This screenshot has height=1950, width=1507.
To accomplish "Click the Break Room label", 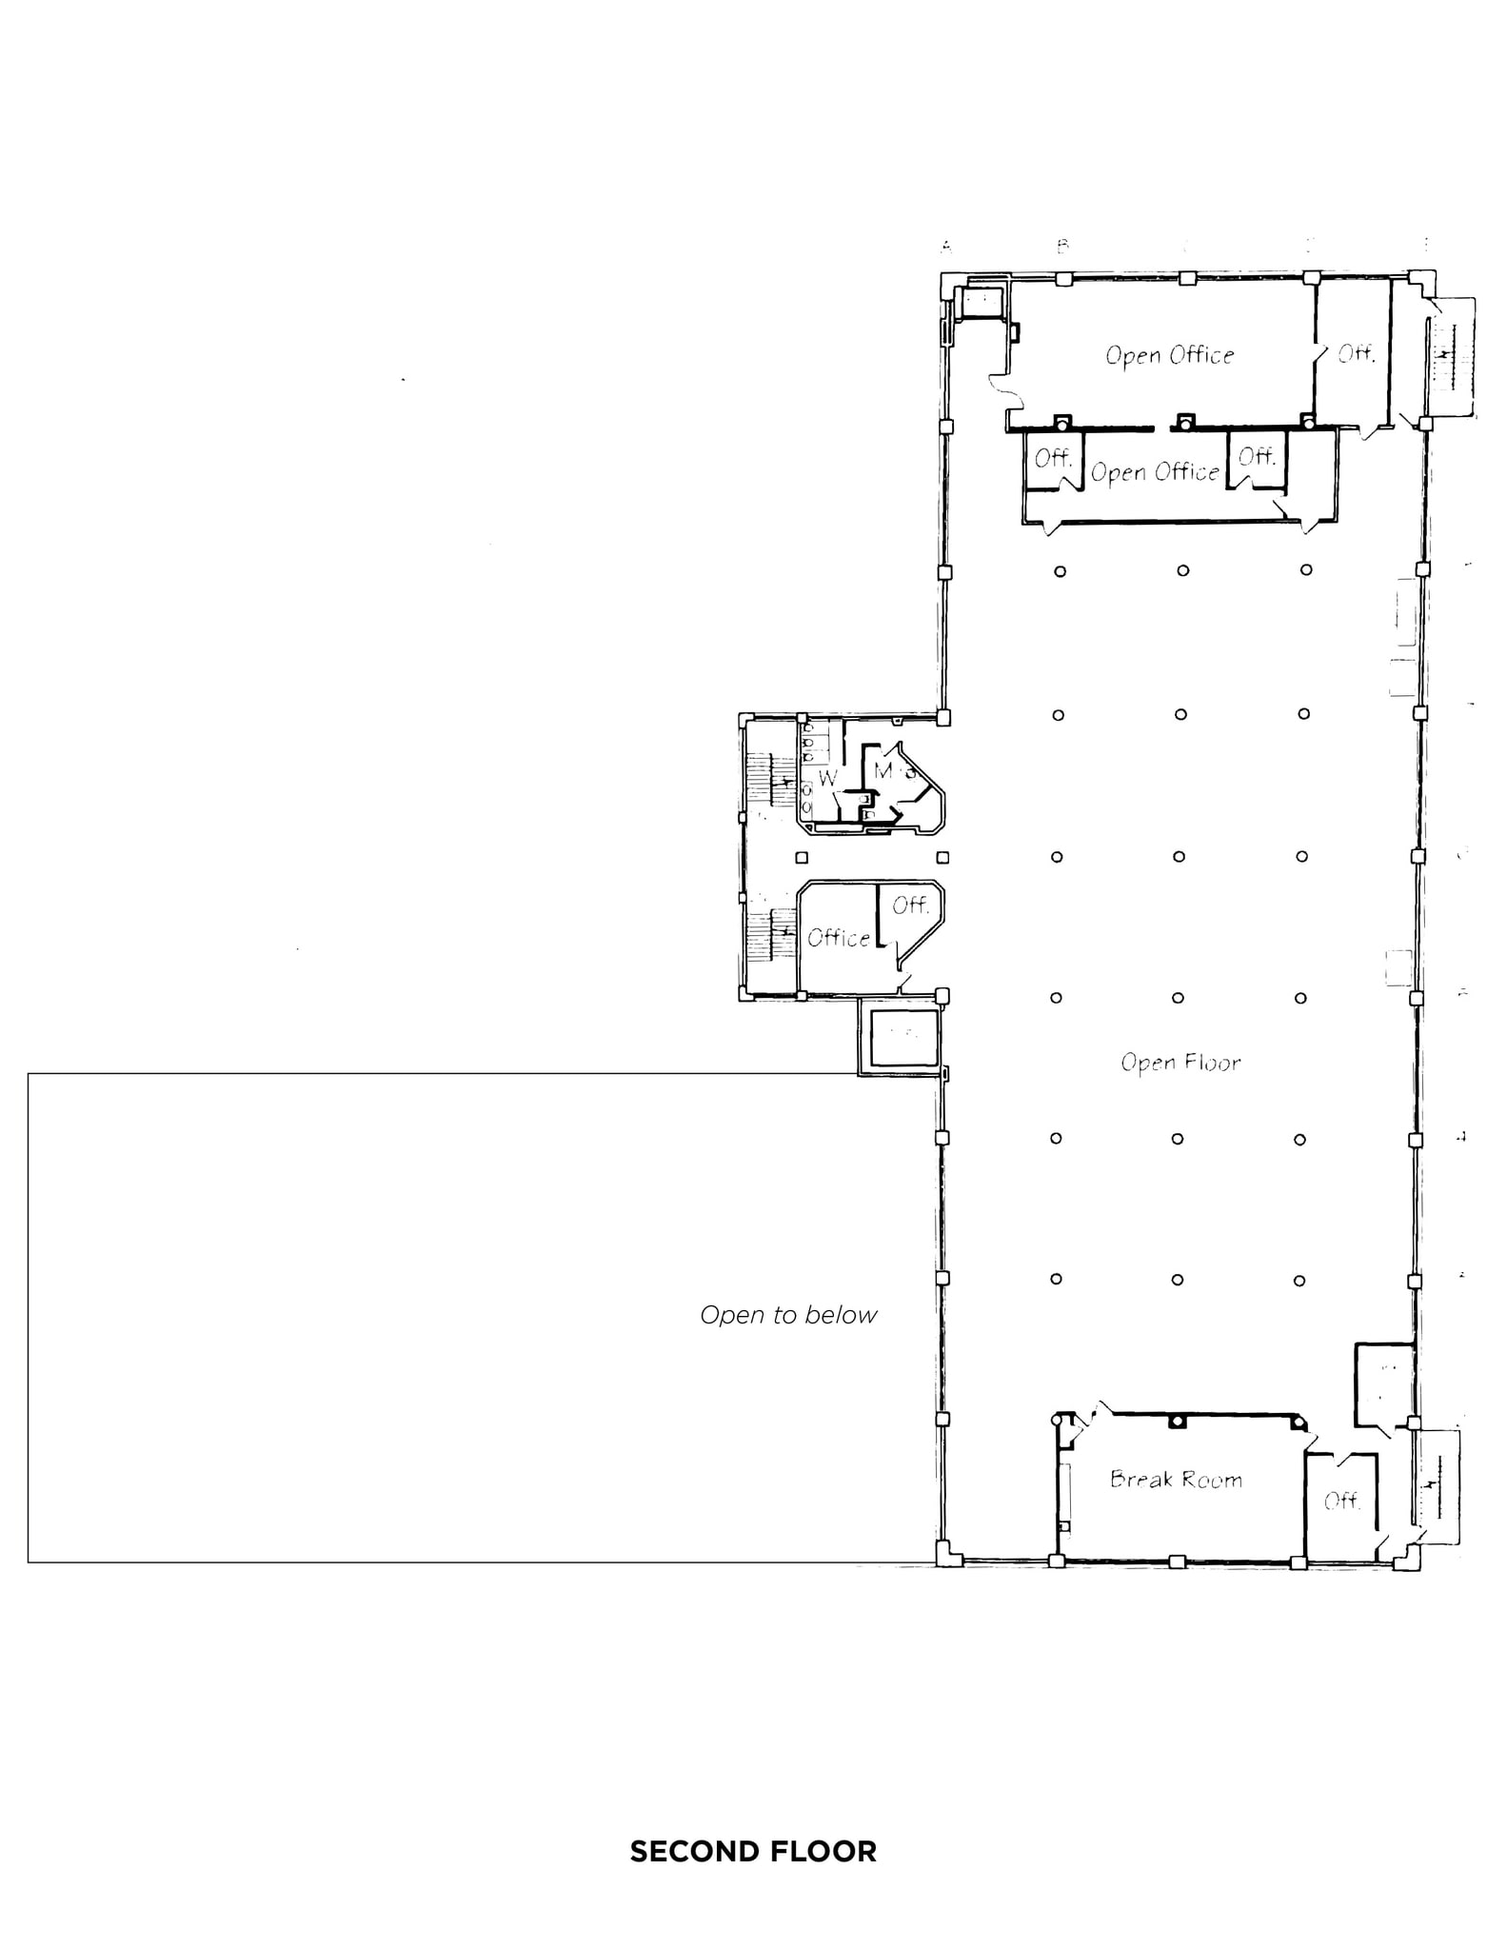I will point(1176,1479).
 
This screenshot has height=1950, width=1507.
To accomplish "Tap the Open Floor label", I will point(1180,1063).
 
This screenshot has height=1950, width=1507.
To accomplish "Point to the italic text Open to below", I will point(788,1315).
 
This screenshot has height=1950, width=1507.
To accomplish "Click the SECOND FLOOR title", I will point(753,1851).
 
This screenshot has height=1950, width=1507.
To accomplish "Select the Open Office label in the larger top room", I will point(1169,355).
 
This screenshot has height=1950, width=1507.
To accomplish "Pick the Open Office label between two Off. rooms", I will point(1154,472).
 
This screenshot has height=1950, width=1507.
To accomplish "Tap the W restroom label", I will point(827,778).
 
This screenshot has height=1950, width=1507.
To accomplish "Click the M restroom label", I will point(883,769).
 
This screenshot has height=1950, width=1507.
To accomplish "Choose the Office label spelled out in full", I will point(838,938).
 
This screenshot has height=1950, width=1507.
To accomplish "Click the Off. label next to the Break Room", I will point(1340,1501).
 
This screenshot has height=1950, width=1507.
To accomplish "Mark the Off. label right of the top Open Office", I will point(1356,354).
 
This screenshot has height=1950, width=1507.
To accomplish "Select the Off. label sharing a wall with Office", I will point(910,905).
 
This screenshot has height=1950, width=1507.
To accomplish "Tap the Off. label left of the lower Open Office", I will point(1053,458).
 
